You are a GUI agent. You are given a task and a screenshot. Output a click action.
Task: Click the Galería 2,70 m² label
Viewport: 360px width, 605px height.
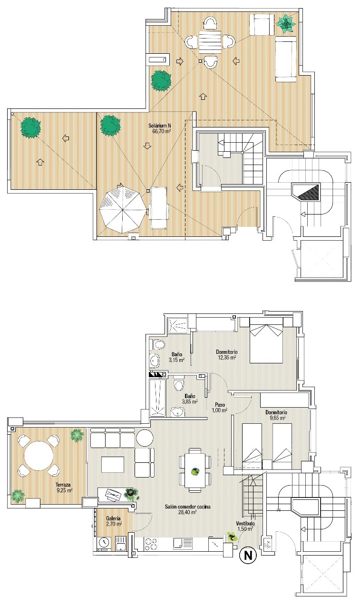pyautogui.click(x=114, y=521)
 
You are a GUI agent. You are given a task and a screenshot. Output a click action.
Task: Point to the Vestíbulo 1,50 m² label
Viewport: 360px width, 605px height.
pyautogui.click(x=245, y=526)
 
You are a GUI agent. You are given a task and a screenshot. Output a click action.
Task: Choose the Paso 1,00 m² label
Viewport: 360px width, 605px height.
pyautogui.click(x=220, y=407)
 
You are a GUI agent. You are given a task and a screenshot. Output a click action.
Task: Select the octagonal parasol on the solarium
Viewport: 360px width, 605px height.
pyautogui.click(x=122, y=209)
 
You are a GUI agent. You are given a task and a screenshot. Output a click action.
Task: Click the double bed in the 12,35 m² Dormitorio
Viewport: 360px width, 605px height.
pyautogui.click(x=266, y=340)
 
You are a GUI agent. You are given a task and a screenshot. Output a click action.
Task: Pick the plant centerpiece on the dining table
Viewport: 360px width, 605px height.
pyautogui.click(x=195, y=472)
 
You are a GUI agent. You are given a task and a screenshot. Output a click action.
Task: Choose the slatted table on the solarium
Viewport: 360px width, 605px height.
pyautogui.click(x=210, y=43)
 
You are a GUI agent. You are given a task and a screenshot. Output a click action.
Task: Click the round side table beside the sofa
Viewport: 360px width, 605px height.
pyautogui.click(x=145, y=438)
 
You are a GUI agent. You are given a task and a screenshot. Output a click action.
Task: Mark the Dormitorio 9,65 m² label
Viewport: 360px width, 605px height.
pyautogui.click(x=276, y=415)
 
